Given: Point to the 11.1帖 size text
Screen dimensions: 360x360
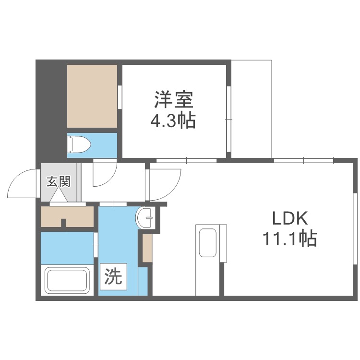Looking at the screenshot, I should [289, 238].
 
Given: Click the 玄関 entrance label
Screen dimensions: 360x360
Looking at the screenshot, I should [59, 181].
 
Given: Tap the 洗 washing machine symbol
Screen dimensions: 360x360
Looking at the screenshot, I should [113, 277].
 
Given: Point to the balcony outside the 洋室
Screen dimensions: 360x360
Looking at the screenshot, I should [252, 108].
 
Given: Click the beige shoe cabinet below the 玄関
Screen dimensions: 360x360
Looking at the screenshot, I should [67, 216].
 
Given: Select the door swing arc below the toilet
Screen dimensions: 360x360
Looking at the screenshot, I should [103, 173].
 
